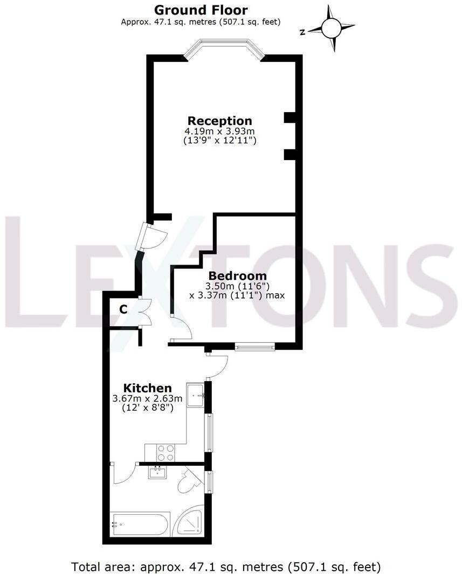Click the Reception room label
tap(219, 121)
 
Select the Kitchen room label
tap(148, 388)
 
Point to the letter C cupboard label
tap(123, 309)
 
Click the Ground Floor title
tap(201, 10)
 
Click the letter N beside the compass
tap(303, 32)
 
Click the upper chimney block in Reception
tap(289, 117)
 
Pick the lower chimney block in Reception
tap(289, 155)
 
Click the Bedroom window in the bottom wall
tap(254, 347)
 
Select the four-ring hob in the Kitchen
tap(166, 452)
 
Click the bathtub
tap(141, 523)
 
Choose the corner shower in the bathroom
tap(190, 521)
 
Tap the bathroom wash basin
tap(158, 473)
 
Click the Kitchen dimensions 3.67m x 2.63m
tap(147, 399)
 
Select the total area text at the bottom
tap(226, 566)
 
